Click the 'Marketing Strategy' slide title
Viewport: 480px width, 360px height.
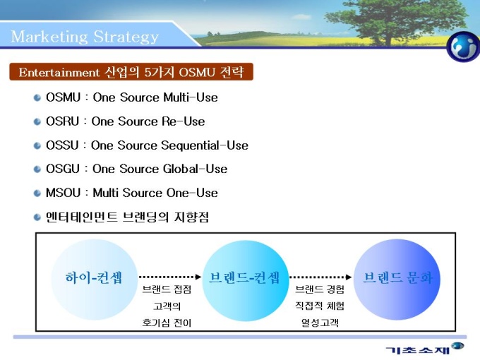coord(85,37)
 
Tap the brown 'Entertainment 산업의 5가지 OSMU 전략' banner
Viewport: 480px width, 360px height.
coord(131,72)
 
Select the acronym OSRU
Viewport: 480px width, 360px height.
coord(62,121)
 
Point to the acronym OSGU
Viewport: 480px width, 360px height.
coord(63,169)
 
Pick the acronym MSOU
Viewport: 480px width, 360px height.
coord(63,193)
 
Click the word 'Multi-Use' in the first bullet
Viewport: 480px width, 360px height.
coord(191,97)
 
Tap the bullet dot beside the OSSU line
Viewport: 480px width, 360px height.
coord(37,145)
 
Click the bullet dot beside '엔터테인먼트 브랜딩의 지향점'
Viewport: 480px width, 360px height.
coord(37,217)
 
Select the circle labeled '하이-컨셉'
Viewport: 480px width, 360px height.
coord(95,280)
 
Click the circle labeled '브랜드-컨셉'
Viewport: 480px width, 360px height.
coord(246,280)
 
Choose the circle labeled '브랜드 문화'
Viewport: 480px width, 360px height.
coord(397,280)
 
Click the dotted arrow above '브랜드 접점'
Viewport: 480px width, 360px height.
coord(170,277)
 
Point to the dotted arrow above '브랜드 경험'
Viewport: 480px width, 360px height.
coord(320,277)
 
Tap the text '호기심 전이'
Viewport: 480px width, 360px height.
coord(167,323)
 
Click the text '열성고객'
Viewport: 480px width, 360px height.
coord(320,323)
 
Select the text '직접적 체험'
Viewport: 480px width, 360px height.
coord(320,306)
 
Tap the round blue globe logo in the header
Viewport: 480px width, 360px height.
coord(463,47)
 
